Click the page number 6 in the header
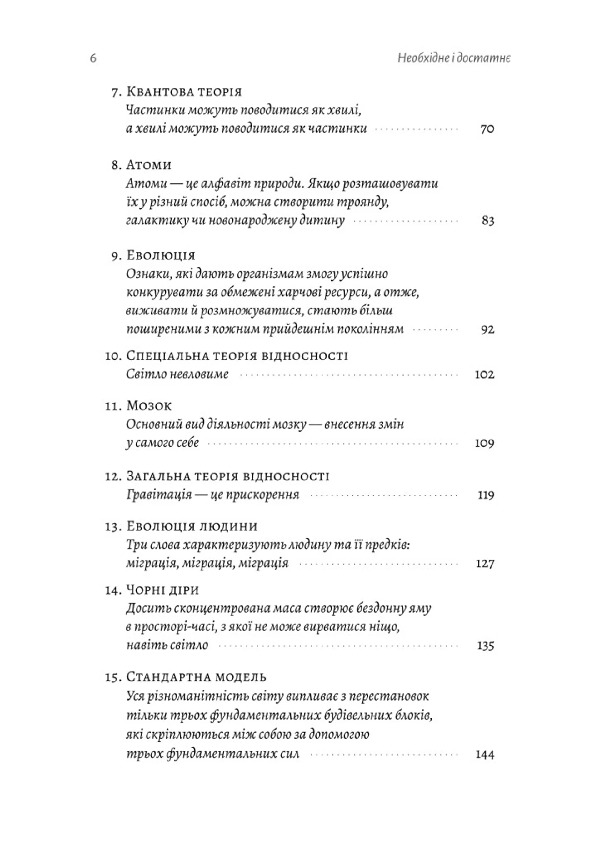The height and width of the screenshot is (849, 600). pyautogui.click(x=93, y=58)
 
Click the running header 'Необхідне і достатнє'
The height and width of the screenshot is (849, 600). pyautogui.click(x=454, y=58)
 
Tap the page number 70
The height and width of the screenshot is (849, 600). pyautogui.click(x=487, y=129)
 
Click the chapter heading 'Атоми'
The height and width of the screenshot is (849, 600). pyautogui.click(x=149, y=165)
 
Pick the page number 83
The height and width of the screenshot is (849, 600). pyautogui.click(x=488, y=221)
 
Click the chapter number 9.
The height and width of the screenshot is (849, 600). pyautogui.click(x=115, y=256)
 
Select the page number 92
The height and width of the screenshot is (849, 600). pyautogui.click(x=487, y=329)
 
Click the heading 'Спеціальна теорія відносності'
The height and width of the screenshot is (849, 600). pyautogui.click(x=237, y=356)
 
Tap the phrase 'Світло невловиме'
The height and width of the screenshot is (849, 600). pyautogui.click(x=177, y=374)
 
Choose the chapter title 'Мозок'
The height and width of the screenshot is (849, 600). pyautogui.click(x=149, y=406)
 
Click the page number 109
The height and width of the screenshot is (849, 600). pyautogui.click(x=484, y=443)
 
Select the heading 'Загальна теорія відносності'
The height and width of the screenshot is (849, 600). pyautogui.click(x=228, y=476)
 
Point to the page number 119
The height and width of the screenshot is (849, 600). pyautogui.click(x=486, y=495)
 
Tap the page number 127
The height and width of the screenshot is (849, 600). pyautogui.click(x=485, y=564)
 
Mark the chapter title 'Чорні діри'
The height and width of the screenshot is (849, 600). pyautogui.click(x=163, y=590)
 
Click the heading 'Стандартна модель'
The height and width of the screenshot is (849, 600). pyautogui.click(x=196, y=677)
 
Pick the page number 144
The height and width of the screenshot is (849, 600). pyautogui.click(x=485, y=755)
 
